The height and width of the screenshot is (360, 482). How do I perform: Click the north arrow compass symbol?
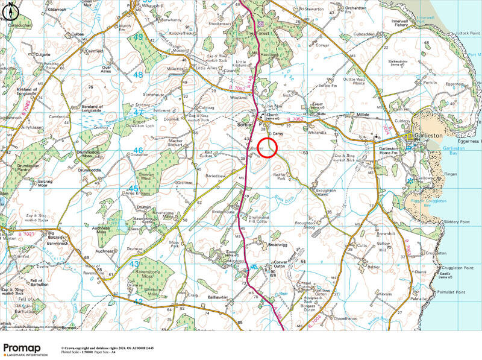(x=11, y=9)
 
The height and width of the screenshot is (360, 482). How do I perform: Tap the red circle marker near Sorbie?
(x=268, y=147)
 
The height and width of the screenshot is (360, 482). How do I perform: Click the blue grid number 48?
(x=137, y=74)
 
